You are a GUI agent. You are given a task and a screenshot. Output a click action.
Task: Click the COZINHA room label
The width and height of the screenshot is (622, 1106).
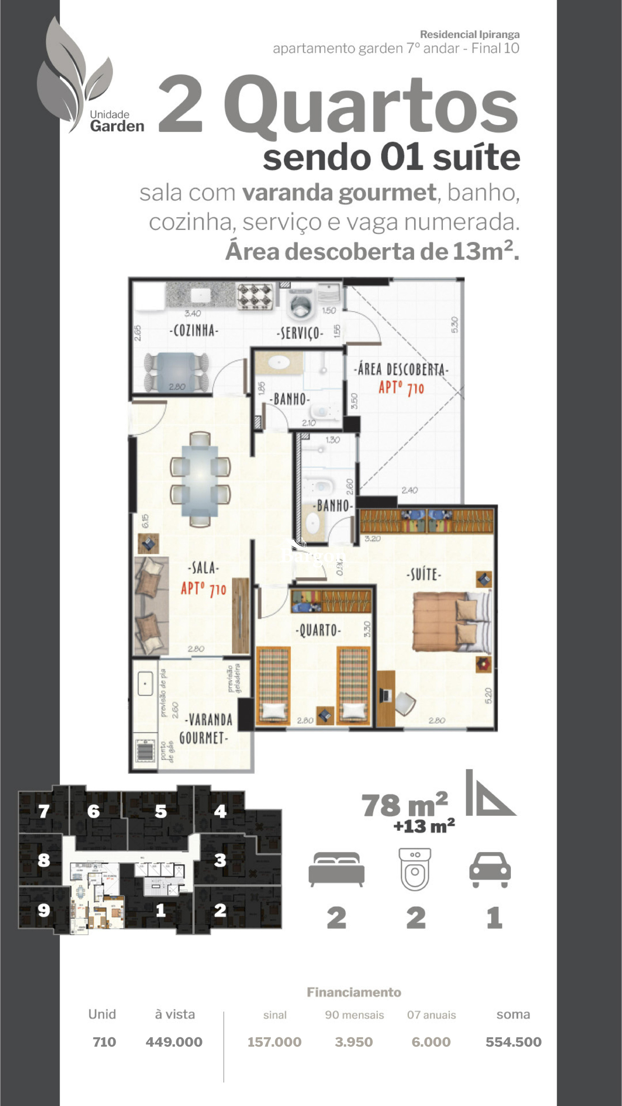coord(194,331)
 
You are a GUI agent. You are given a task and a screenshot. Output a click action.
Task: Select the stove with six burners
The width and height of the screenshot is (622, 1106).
coord(255,296)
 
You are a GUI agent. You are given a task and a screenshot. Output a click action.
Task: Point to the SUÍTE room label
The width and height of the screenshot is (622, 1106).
coord(424,575)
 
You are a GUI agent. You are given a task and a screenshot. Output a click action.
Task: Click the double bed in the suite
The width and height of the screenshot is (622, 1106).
coord(451,622)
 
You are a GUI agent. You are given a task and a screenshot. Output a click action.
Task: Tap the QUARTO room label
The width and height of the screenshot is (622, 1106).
coord(318,630)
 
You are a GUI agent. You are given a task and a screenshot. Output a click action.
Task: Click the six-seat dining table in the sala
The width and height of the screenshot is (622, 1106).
coord(200,479)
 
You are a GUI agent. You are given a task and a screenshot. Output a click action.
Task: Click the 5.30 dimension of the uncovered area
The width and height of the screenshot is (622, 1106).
coord(455,325)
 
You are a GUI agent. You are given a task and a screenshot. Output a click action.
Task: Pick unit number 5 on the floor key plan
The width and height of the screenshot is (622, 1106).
coord(161,811)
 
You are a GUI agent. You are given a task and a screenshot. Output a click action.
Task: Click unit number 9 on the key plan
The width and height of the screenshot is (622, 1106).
coord(44,910)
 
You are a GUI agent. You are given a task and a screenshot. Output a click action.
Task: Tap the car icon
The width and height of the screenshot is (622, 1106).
coord(490,869)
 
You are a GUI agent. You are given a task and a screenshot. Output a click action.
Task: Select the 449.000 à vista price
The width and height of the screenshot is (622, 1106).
coord(174,1042)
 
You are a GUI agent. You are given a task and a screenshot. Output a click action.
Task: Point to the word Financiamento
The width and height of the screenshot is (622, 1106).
coord(354,992)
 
